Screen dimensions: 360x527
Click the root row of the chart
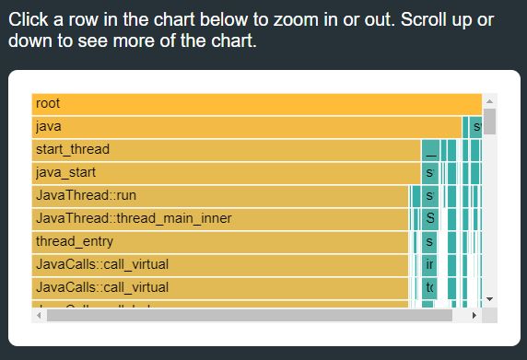pos(256,103)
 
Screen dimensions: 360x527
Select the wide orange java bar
pos(247,126)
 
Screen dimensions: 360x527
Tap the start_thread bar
pos(226,149)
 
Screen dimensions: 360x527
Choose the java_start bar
pos(226,172)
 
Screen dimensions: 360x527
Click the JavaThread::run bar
pos(219,195)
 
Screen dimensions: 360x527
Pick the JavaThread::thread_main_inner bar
pos(219,218)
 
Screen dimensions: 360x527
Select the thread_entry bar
pos(219,241)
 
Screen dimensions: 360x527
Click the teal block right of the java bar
pos(475,126)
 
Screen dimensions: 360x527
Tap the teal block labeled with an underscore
pos(430,149)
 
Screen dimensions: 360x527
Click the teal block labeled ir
pos(429,264)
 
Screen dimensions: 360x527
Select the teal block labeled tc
pos(429,287)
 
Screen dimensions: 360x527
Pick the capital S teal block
pos(429,218)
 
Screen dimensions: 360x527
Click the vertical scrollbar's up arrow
pos(489,101)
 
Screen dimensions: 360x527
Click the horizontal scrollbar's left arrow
pos(38,315)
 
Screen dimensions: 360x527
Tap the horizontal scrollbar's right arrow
pos(474,315)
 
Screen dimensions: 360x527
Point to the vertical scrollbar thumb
pos(489,122)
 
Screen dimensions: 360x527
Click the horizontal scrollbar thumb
pos(249,315)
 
